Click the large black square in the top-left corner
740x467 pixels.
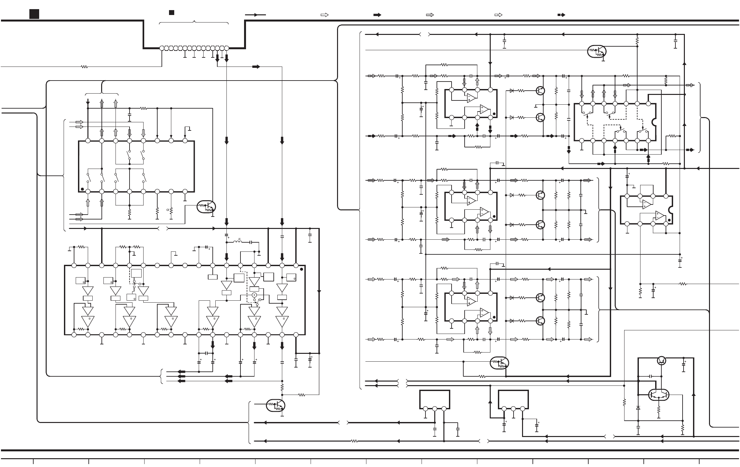click(34, 14)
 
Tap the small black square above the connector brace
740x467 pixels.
click(171, 13)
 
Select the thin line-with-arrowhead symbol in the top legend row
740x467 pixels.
click(255, 15)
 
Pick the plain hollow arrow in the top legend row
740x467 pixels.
click(324, 15)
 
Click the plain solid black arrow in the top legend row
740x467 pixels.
click(377, 15)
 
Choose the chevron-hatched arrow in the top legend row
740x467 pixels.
click(430, 15)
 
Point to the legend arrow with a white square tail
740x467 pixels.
click(498, 15)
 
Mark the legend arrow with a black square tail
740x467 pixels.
click(561, 15)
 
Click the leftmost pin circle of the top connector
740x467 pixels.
click(162, 48)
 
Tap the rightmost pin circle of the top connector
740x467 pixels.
click(227, 48)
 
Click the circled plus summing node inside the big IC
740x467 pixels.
click(254, 295)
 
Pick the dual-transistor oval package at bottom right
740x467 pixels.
click(658, 395)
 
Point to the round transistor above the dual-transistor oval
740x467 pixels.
click(661, 360)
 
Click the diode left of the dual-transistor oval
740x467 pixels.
click(638, 408)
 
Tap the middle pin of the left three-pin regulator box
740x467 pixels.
click(435, 409)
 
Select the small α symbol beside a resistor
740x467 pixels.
click(167, 210)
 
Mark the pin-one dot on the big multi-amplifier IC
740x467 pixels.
click(301, 269)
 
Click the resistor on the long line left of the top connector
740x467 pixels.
click(84, 67)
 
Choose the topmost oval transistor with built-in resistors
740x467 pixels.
click(597, 51)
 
